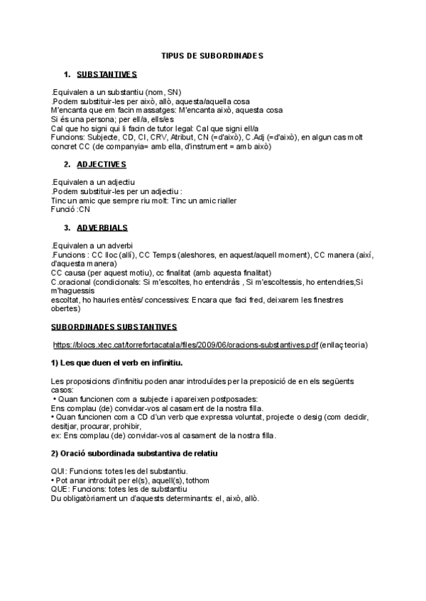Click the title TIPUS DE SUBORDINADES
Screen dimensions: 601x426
click(x=212, y=55)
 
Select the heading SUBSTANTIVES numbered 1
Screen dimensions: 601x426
click(x=106, y=74)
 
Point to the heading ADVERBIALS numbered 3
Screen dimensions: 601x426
click(x=102, y=228)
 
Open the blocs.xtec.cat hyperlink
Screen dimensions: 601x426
click(x=185, y=345)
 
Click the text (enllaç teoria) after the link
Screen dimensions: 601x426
click(x=344, y=345)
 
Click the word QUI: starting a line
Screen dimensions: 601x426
click(x=60, y=471)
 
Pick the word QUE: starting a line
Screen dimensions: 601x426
click(x=61, y=489)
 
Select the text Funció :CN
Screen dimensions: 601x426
click(x=71, y=209)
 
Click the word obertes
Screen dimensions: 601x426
click(x=66, y=308)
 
